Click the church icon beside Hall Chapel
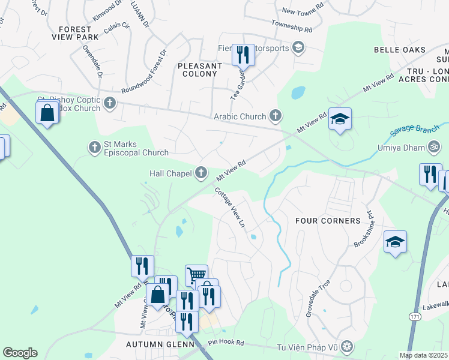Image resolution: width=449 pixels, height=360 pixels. tap(201, 173)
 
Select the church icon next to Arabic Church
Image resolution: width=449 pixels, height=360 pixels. tap(275, 115)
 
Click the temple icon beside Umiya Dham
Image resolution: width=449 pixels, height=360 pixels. tap(433, 146)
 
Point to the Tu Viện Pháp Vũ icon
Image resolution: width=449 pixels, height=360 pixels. tap(346, 346)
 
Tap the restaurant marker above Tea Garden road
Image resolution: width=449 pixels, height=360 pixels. tap(243, 55)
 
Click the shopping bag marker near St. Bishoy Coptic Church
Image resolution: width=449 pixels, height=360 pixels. tap(47, 112)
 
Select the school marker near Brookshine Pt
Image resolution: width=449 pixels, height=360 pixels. tap(395, 242)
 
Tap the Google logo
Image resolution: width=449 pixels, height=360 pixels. tap(20, 353)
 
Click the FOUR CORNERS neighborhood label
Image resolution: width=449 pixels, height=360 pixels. tap(328, 221)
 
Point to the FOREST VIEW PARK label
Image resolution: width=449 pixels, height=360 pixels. tap(79, 32)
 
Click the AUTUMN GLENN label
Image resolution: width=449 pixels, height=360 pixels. tap(160, 344)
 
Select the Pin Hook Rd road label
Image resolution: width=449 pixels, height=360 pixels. tap(226, 343)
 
